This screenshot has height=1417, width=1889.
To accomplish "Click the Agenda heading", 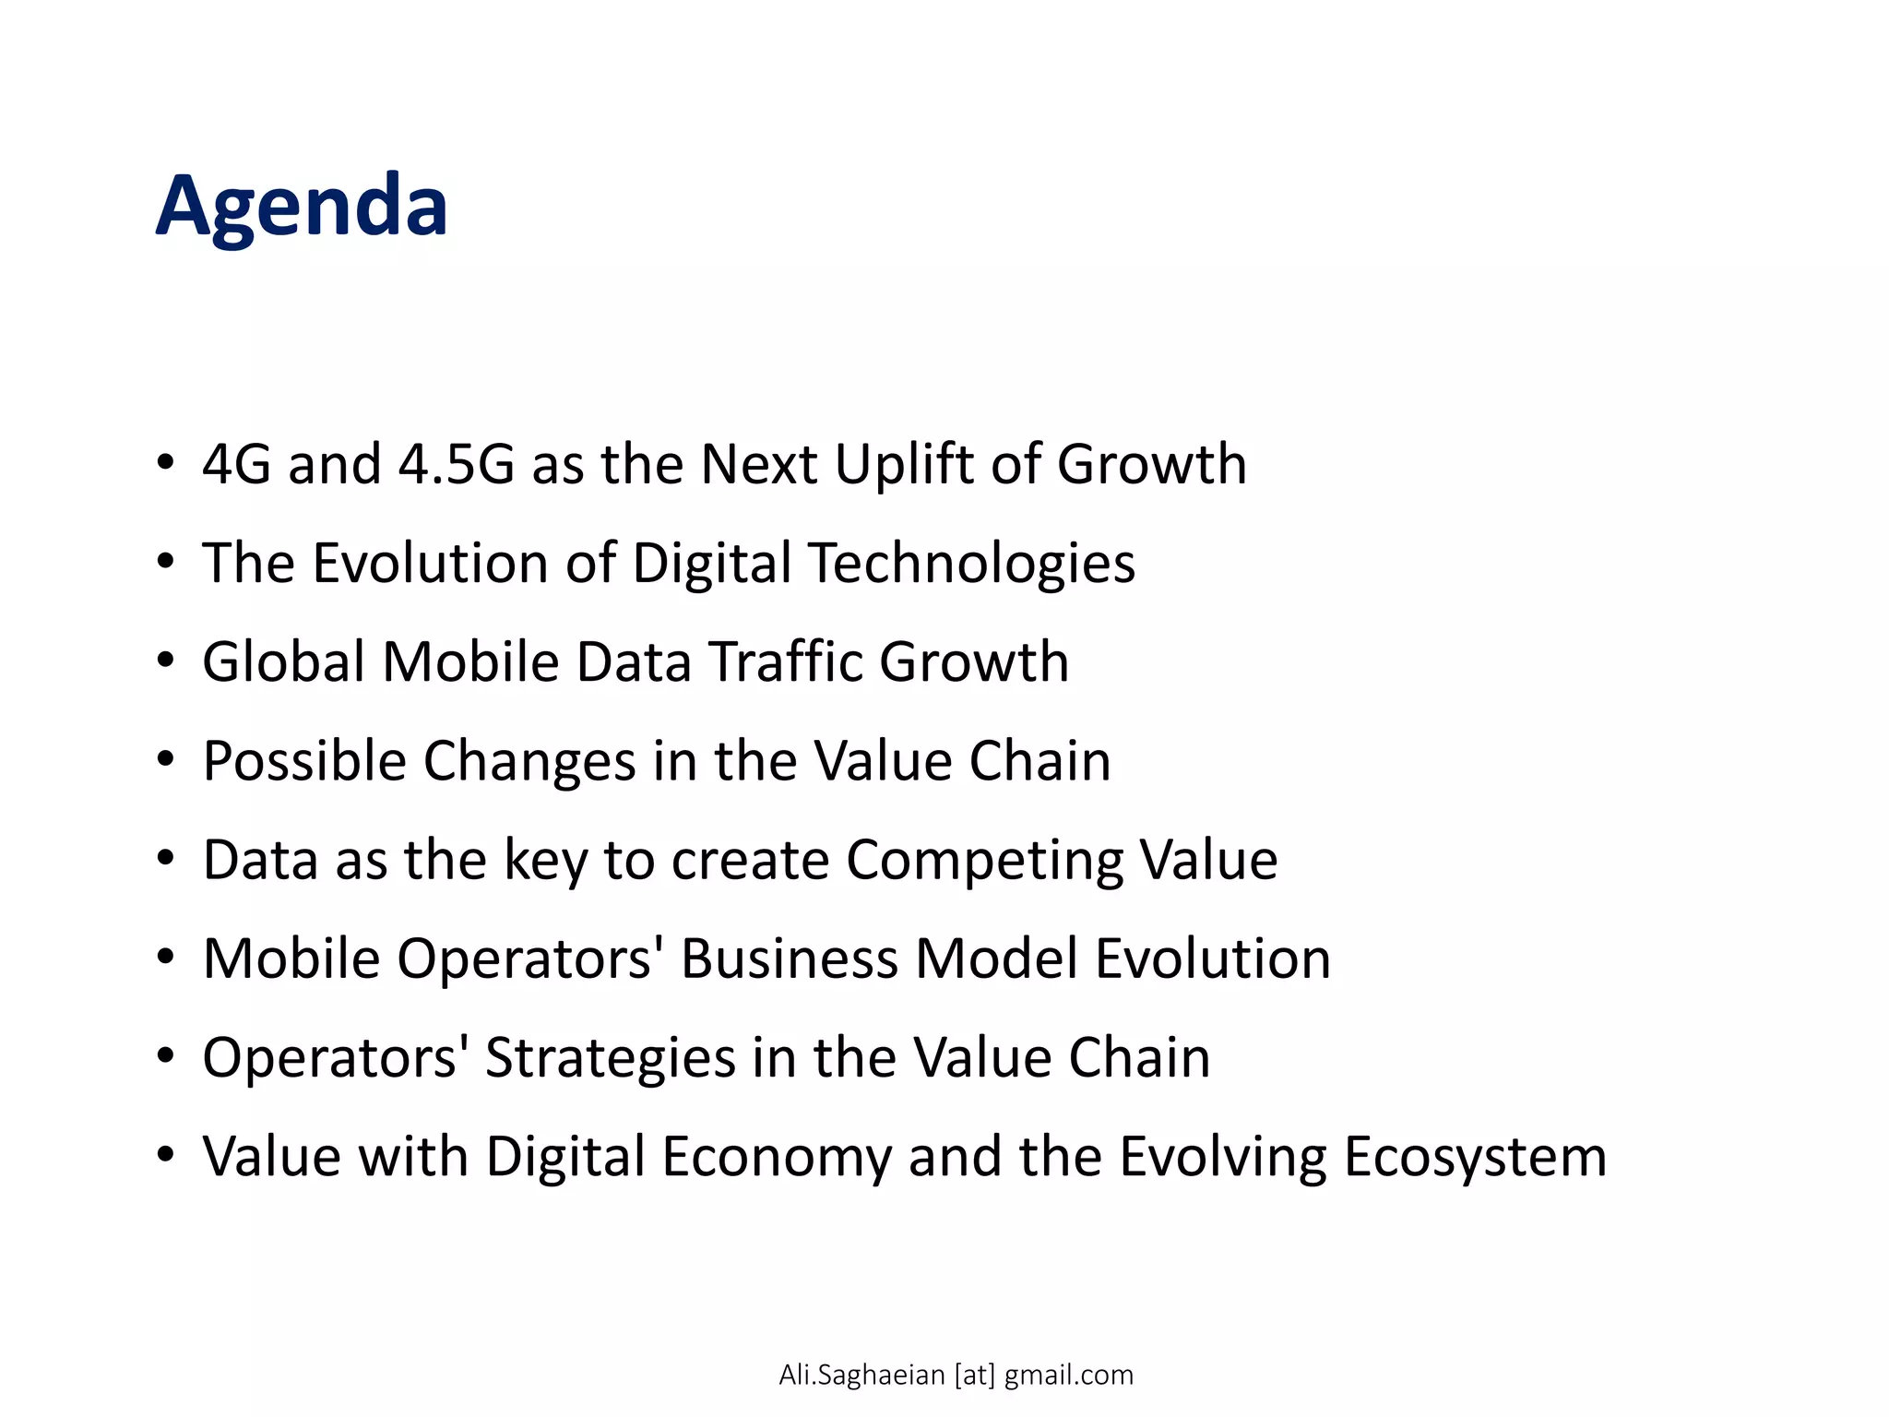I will (302, 207).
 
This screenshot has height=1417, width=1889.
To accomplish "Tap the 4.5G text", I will (456, 464).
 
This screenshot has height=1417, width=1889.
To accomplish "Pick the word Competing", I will (984, 862).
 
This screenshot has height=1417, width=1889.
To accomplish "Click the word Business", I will (789, 959).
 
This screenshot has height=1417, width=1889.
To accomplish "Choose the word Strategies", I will (610, 1059).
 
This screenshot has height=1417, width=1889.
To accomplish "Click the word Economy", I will (777, 1157).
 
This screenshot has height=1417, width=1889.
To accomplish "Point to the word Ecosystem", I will (1475, 1157).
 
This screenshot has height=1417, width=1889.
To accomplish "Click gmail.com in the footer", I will (1068, 1375).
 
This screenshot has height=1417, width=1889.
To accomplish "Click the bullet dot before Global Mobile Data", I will (165, 661).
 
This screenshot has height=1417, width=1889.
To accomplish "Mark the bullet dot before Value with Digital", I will (165, 1155).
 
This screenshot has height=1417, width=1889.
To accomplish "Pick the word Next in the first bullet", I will (758, 464).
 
